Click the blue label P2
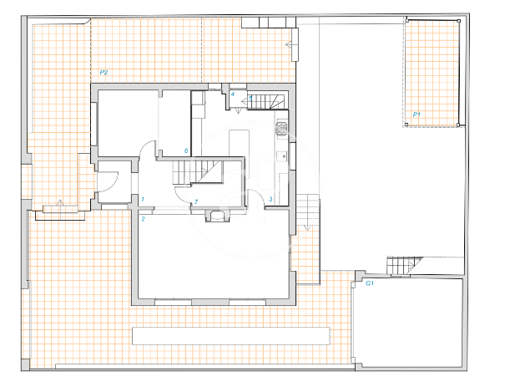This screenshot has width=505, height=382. coord(104,72)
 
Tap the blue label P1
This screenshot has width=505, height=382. coord(417,115)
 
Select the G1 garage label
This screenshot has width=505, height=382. coord(370,283)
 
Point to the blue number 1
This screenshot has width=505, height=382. coord(143,199)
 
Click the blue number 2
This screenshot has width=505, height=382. coord(144,219)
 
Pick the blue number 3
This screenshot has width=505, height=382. coord(270,199)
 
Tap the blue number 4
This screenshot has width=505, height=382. coord(233,94)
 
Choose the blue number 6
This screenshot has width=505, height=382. coord(186,150)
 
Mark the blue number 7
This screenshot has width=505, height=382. coord(196,202)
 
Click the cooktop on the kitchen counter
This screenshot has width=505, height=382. coord(281,129)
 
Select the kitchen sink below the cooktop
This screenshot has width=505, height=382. coord(282,155)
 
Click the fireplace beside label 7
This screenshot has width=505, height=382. coord(217,216)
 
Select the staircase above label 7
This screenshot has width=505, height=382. coord(197,172)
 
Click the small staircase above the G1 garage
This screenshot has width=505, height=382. coord(405,265)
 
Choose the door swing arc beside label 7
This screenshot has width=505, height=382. coord(181,196)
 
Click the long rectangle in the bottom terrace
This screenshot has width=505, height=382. coord(231,336)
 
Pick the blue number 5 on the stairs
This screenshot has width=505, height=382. coord(250,99)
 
